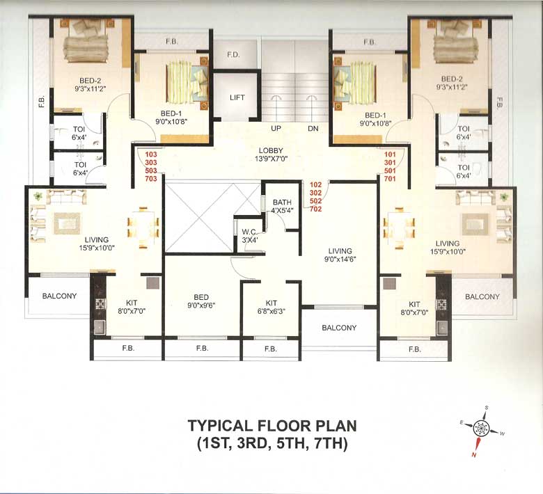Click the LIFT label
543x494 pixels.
(237, 97)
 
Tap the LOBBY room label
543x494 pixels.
(271, 151)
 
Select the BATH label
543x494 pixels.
(281, 202)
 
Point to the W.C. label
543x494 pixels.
(250, 232)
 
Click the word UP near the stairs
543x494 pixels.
(276, 129)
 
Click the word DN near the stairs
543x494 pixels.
(313, 129)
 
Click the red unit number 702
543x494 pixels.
(315, 209)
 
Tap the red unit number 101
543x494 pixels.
(389, 154)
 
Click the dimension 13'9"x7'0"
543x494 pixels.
(271, 159)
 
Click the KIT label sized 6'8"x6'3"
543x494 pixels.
(271, 303)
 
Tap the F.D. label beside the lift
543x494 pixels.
(233, 55)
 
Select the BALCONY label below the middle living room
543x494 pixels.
(339, 328)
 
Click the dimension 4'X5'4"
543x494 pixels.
(281, 210)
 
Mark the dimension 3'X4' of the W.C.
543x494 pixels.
(250, 241)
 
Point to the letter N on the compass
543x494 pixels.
(474, 454)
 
